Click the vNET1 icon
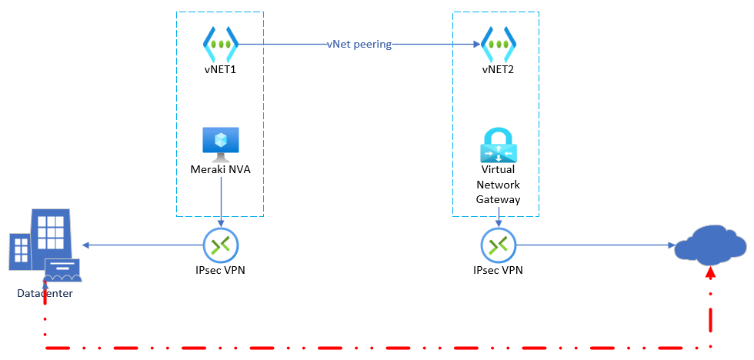tap(220, 45)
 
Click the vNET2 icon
tap(498, 45)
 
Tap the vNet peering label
tap(359, 45)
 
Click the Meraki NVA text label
tap(220, 169)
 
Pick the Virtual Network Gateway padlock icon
tap(498, 145)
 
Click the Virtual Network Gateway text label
tap(499, 185)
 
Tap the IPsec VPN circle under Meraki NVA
tap(221, 245)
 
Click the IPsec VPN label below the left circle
tap(221, 270)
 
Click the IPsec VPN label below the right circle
tap(499, 270)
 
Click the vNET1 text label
tap(220, 70)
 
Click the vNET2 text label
tap(498, 70)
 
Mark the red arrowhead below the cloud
tap(710, 273)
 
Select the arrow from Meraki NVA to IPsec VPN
tap(221, 204)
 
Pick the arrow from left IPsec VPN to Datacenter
tap(142, 245)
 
